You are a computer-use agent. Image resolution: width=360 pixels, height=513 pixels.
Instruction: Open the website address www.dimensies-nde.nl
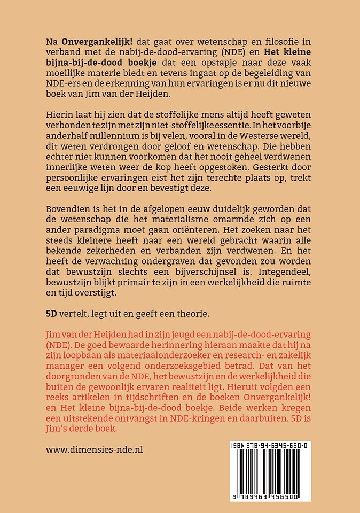coord(95,449)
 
